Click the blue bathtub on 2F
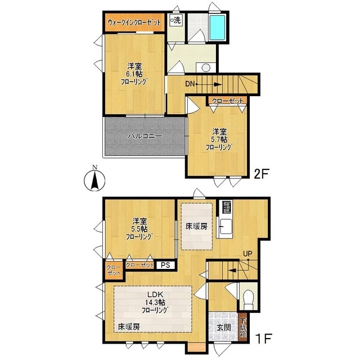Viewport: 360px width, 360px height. [217, 28]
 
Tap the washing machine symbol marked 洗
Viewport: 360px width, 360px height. [175, 20]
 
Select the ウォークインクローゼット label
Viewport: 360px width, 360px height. [134, 22]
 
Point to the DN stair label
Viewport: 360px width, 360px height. [190, 84]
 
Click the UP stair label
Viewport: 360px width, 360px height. [247, 254]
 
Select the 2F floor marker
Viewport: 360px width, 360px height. [261, 174]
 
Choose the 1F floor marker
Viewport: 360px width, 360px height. [263, 338]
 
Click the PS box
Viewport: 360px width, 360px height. [165, 265]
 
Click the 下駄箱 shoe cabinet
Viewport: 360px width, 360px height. [242, 327]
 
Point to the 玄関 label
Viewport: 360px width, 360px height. [224, 327]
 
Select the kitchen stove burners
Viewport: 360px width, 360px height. [226, 207]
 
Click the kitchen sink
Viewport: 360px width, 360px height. [226, 226]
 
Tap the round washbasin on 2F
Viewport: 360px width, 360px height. [206, 67]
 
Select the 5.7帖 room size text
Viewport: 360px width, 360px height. [219, 139]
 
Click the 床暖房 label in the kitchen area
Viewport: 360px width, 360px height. [196, 227]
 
